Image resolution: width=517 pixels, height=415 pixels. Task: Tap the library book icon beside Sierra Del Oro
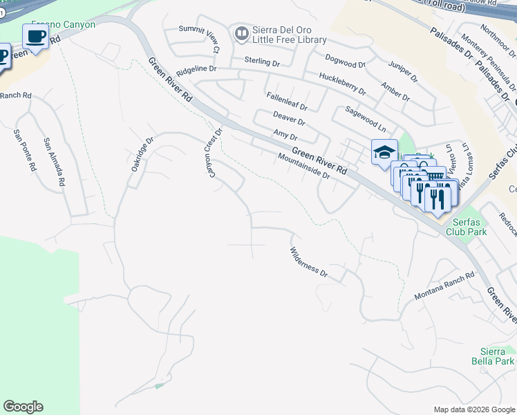coord(241,33)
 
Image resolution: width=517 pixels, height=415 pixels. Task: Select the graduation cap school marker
coord(384,153)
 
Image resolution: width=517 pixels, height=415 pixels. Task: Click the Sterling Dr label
coord(262,62)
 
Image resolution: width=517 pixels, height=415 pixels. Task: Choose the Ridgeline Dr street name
coord(196,70)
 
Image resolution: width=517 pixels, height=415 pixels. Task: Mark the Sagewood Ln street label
coord(366,118)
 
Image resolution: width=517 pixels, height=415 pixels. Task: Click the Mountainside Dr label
coord(303,166)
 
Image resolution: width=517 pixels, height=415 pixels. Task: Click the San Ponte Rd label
coord(23,151)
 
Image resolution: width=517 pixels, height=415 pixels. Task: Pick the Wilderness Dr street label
coord(308,263)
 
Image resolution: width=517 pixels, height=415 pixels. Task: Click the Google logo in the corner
coord(23,407)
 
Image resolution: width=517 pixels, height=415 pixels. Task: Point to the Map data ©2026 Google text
coord(473,409)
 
